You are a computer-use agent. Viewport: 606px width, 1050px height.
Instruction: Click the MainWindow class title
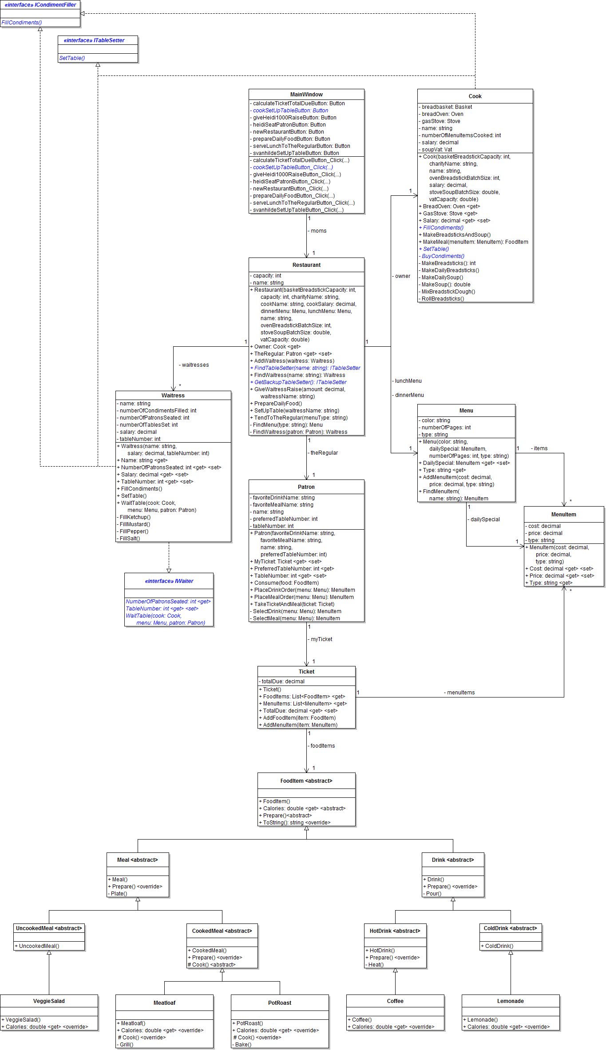(x=306, y=95)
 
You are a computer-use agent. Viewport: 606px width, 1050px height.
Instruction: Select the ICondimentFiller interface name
(x=40, y=5)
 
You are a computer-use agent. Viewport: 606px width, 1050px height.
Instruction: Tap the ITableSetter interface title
(x=94, y=40)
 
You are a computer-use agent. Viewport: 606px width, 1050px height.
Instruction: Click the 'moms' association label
(x=318, y=231)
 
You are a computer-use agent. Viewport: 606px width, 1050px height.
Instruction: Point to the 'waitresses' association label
(x=195, y=365)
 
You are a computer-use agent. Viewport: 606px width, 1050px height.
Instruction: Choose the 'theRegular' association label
(x=324, y=453)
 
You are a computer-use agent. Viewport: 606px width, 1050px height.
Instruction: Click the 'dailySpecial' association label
(x=485, y=519)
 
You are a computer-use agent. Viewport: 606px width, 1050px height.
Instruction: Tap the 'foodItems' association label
(x=322, y=746)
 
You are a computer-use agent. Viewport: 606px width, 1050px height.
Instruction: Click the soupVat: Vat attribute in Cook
(x=437, y=150)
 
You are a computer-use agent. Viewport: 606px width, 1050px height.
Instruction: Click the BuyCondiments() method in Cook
(x=443, y=256)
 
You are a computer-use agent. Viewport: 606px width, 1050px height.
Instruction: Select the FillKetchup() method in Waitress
(x=135, y=517)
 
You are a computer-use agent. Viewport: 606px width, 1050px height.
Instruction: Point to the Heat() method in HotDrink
(x=376, y=965)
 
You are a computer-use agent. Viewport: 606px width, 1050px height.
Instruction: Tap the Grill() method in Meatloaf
(x=126, y=1045)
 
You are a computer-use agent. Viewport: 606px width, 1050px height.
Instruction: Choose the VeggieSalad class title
(x=49, y=1001)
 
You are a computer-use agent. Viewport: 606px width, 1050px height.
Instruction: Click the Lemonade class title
(x=511, y=1001)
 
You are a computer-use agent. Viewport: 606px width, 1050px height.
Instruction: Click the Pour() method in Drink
(x=433, y=894)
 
